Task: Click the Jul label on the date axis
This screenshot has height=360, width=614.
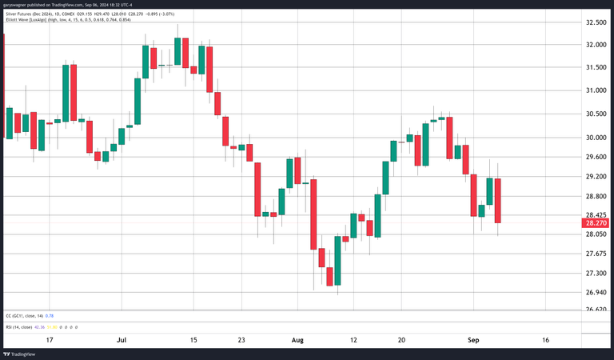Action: [121, 340]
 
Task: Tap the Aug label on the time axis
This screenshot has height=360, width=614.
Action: [297, 340]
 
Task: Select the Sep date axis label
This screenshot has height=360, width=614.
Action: [473, 340]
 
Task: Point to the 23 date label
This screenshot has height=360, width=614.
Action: [241, 340]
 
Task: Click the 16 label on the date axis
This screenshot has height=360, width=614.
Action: [546, 340]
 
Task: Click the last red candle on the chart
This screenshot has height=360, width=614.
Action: [497, 201]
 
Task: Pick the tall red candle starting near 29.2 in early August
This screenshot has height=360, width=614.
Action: [313, 214]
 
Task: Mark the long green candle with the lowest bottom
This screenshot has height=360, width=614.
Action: [338, 261]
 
